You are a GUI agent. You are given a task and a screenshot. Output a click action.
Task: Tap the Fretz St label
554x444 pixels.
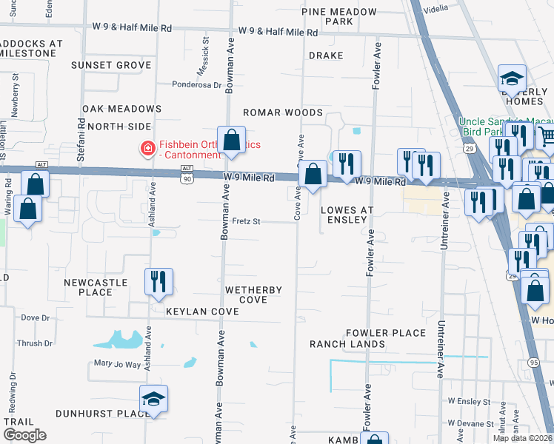246,221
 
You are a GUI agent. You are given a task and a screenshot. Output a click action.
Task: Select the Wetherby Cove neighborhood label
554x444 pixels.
253,295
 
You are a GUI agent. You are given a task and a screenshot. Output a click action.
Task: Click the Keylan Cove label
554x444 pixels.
202,312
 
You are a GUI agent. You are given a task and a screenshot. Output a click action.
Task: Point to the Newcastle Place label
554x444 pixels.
96,287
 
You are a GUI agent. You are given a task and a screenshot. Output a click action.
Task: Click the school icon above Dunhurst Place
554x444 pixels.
154,399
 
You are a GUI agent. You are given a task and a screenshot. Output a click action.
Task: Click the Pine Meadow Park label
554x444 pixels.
339,17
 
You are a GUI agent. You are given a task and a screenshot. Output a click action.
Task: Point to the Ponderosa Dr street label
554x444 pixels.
196,85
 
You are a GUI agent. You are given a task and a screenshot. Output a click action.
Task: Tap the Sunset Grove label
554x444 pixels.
111,65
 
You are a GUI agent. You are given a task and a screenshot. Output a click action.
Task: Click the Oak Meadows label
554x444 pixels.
121,109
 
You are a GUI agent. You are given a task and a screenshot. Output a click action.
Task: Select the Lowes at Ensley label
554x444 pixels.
344,215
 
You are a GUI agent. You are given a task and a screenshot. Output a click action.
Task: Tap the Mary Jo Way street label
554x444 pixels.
117,364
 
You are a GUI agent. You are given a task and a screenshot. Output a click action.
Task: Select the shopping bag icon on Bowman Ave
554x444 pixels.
231,141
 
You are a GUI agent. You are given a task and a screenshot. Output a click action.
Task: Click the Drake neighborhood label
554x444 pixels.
326,55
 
